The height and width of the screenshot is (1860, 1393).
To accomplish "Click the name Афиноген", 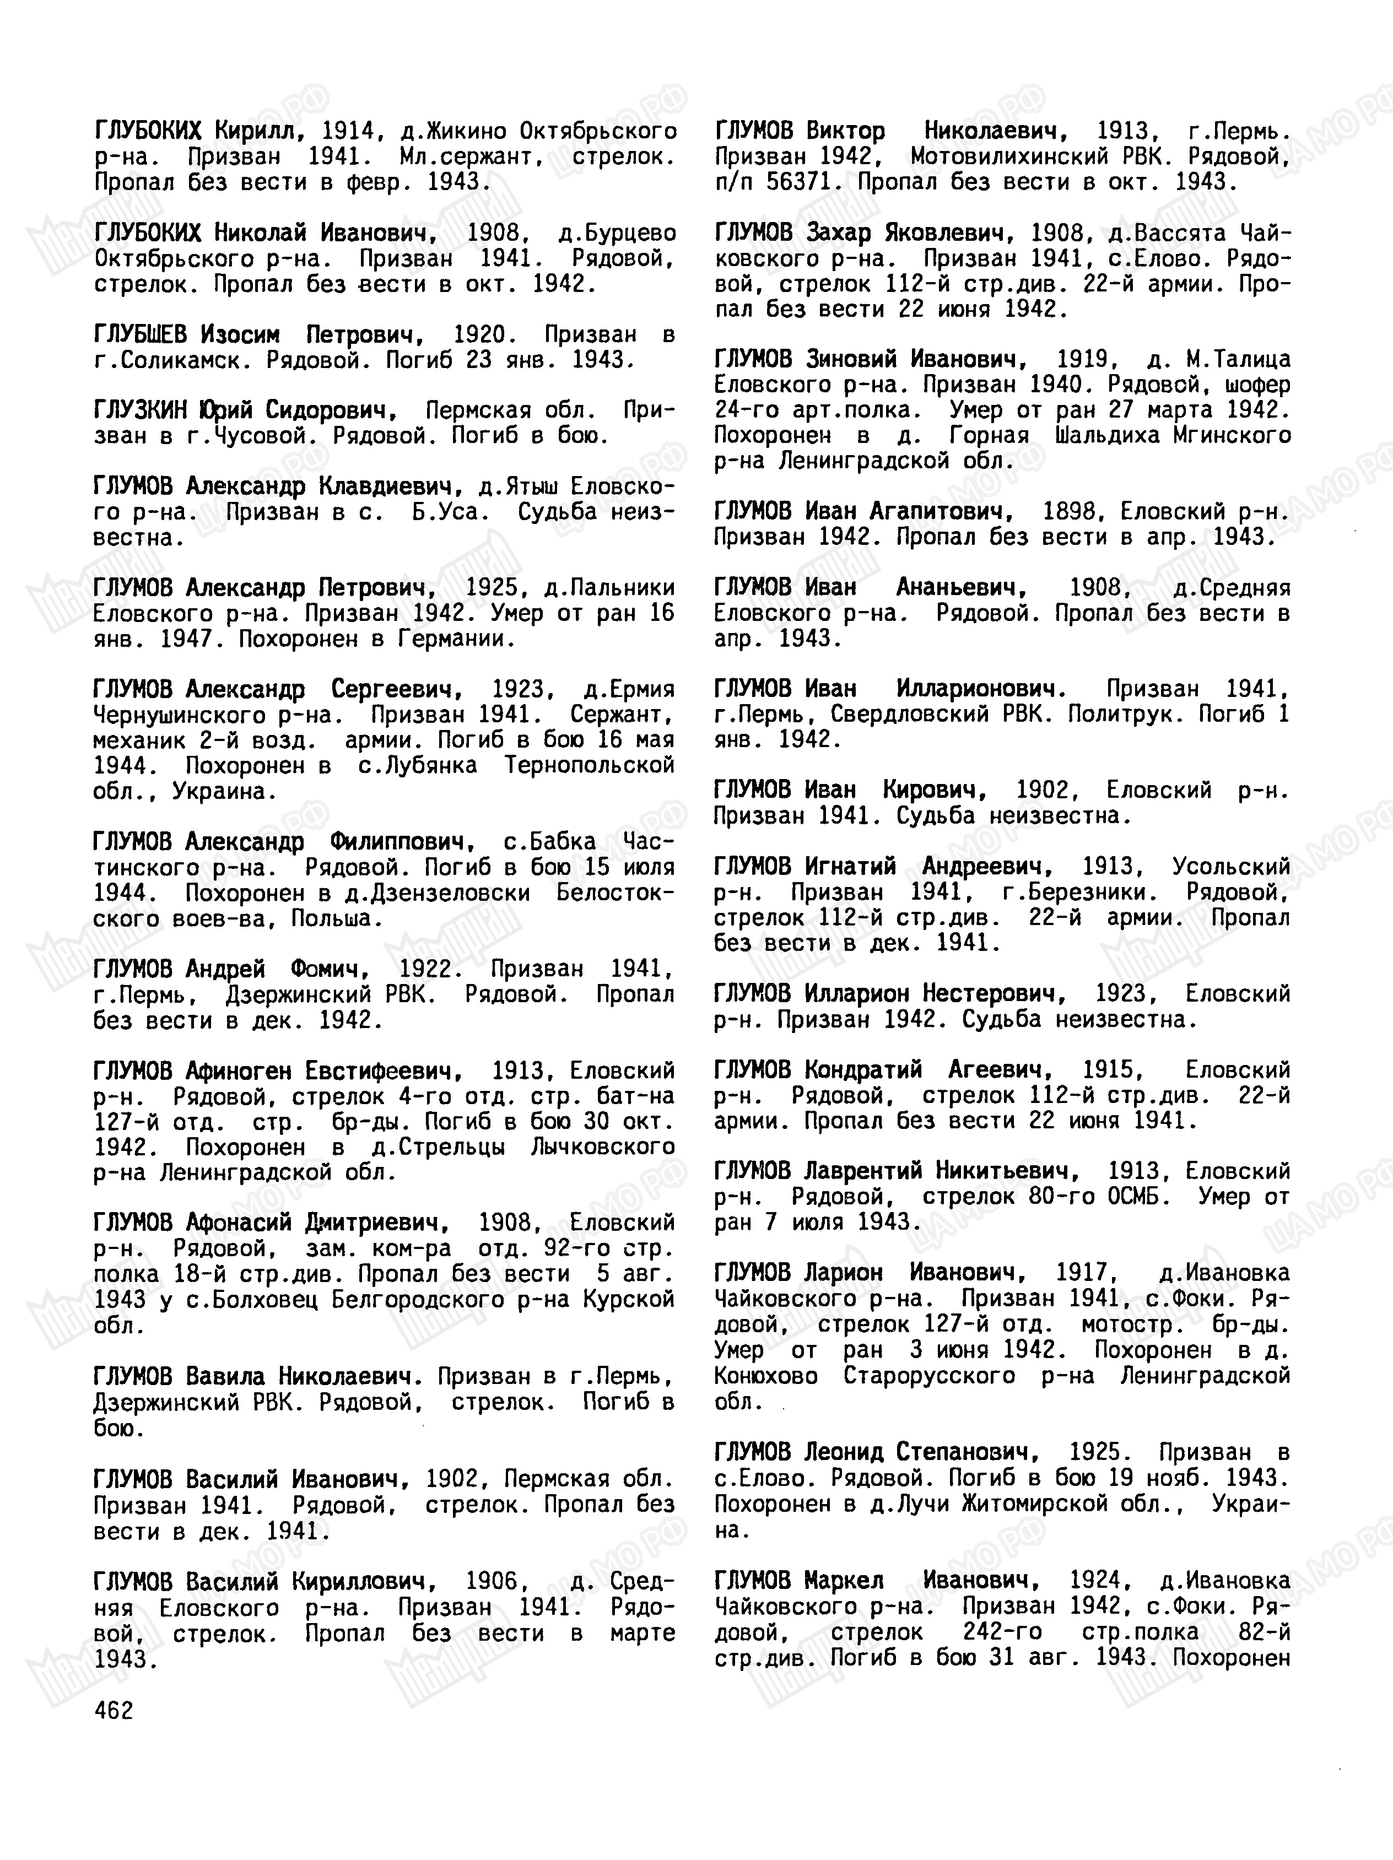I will [239, 1070].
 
